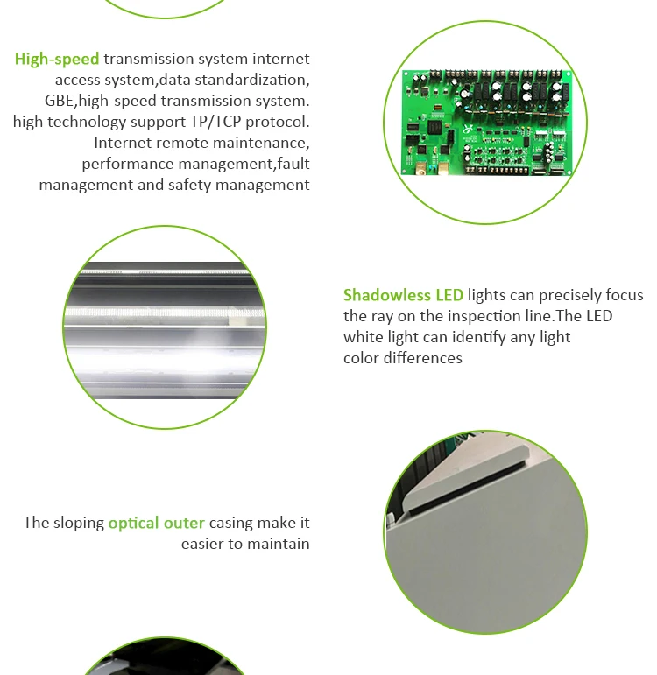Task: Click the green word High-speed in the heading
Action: pyautogui.click(x=57, y=59)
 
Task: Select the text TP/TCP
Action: pyautogui.click(x=215, y=122)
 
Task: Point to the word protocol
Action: pyautogui.click(x=278, y=123)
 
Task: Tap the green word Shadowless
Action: pyautogui.click(x=387, y=295)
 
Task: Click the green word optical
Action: pyautogui.click(x=133, y=523)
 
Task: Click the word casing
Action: pyautogui.click(x=230, y=523)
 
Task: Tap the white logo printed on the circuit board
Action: pyautogui.click(x=468, y=129)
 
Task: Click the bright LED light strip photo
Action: pyautogui.click(x=165, y=327)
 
